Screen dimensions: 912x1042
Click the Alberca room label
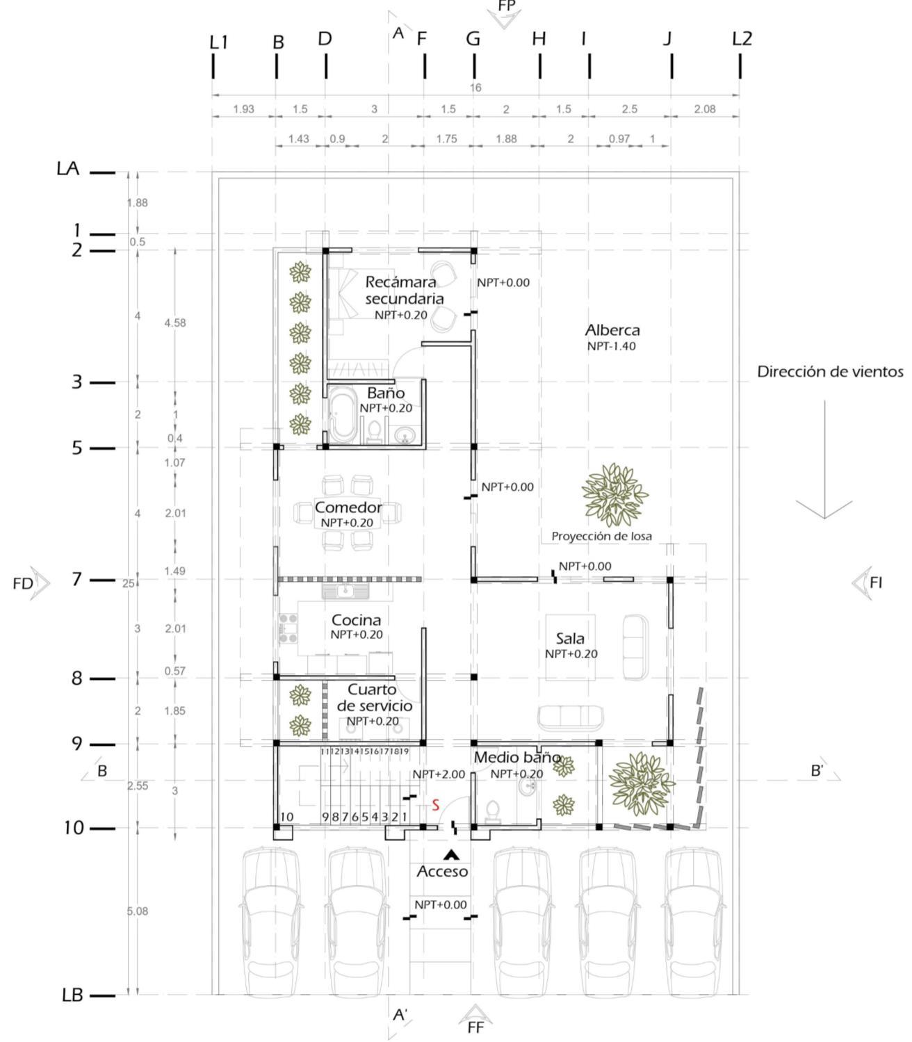coord(612,330)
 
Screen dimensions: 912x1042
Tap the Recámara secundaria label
coord(403,291)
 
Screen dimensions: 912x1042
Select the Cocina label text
coord(356,619)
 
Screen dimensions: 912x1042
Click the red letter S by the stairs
coord(436,805)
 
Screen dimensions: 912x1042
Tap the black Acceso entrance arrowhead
coord(452,854)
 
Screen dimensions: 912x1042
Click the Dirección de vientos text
coord(830,372)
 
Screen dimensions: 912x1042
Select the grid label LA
coord(68,169)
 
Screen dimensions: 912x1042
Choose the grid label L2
coord(742,39)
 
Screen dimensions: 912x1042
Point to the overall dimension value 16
coord(475,88)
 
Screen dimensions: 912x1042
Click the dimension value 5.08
coord(138,911)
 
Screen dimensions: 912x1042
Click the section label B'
coord(817,770)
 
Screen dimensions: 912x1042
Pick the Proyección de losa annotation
coord(601,536)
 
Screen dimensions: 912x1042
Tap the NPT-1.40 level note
coord(612,346)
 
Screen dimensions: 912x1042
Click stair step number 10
coord(286,817)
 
